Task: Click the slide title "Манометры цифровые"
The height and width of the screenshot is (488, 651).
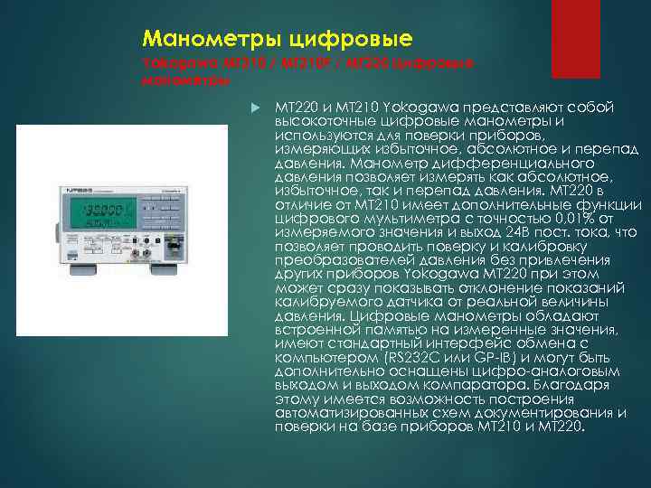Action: [x=278, y=39]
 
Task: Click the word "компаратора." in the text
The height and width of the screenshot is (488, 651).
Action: [x=458, y=384]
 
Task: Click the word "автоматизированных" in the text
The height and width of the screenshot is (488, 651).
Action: [x=344, y=412]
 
